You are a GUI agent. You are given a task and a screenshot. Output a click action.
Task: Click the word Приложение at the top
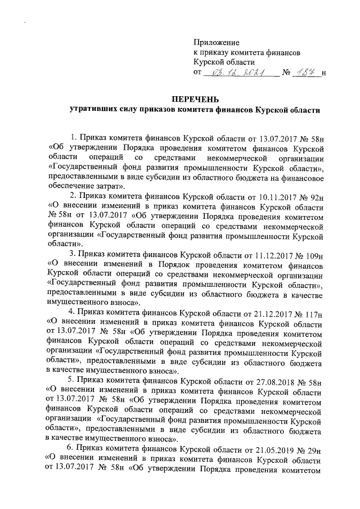click(x=217, y=43)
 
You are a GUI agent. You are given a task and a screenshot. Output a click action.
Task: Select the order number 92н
click(x=318, y=196)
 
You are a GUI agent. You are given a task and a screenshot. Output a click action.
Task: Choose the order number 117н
click(x=317, y=313)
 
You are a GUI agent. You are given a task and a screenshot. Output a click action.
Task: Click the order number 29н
click(x=318, y=449)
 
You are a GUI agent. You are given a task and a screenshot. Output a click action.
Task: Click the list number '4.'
click(x=71, y=313)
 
